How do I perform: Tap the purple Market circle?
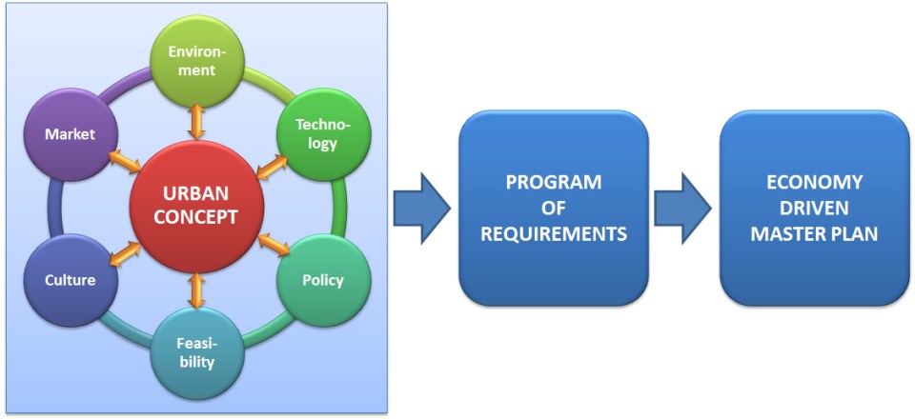coord(71,135)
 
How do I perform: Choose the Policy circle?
coord(322,281)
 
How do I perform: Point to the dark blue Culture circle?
coord(69,281)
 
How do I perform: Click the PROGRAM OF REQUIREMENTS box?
coord(554,208)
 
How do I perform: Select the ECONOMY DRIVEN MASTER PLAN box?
coord(814,208)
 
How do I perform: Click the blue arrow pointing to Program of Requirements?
coord(421,208)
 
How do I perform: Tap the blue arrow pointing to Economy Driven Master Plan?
coord(682,208)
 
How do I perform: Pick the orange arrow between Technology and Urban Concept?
coord(272,165)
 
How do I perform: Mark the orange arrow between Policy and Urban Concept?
coord(273,247)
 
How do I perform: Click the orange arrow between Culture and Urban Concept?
coord(123,249)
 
